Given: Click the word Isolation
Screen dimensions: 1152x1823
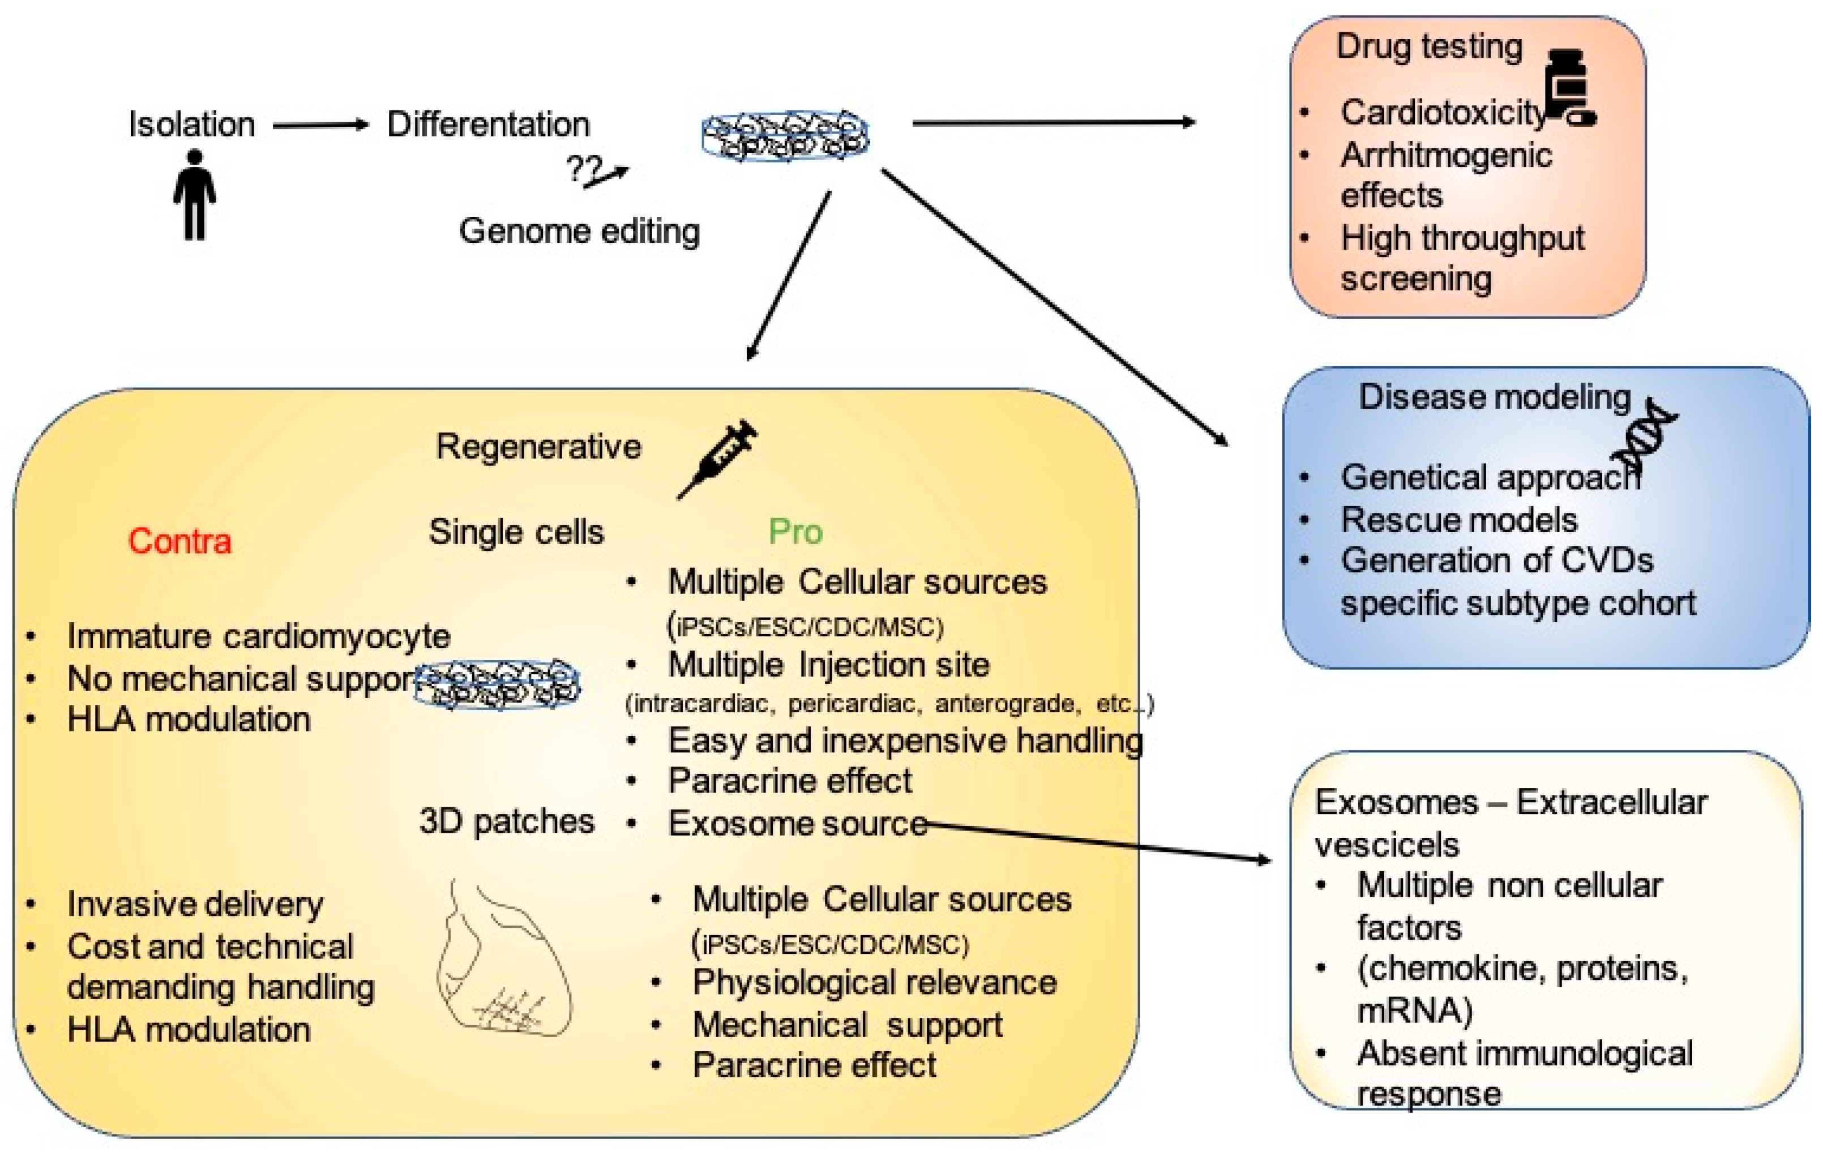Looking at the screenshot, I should pos(191,124).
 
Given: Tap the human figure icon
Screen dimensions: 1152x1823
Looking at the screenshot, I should pos(195,195).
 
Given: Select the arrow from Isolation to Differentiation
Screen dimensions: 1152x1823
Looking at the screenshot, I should pos(320,126).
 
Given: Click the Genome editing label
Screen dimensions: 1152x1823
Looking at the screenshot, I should pos(579,231).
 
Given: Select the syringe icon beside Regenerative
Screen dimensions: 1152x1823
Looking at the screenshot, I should pos(718,458).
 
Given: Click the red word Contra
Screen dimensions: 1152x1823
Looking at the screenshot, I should pos(179,541).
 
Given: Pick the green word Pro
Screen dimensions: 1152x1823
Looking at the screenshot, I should pos(795,532).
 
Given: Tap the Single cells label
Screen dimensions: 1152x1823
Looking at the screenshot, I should pos(516,532).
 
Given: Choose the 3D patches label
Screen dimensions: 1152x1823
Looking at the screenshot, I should pos(507,821).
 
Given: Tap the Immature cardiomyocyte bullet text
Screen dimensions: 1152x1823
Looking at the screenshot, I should pos(258,636).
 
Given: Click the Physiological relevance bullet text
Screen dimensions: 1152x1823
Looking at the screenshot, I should pos(874,982).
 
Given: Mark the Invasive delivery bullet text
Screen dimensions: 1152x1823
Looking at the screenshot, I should pos(195,903).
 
